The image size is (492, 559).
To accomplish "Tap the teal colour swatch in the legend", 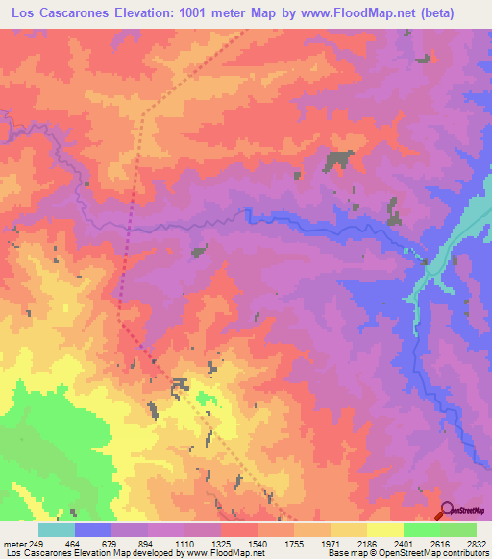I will click(56, 529).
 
